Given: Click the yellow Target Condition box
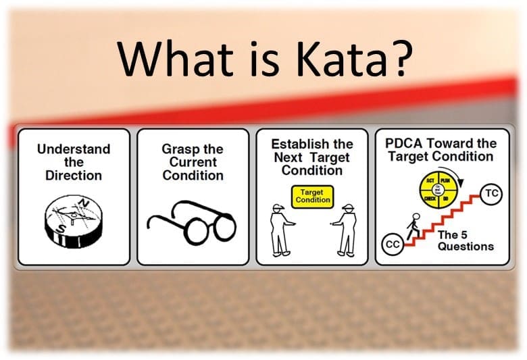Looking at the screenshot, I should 312,196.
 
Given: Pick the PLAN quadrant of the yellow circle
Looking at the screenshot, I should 445,182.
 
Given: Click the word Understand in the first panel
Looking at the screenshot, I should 74,149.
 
